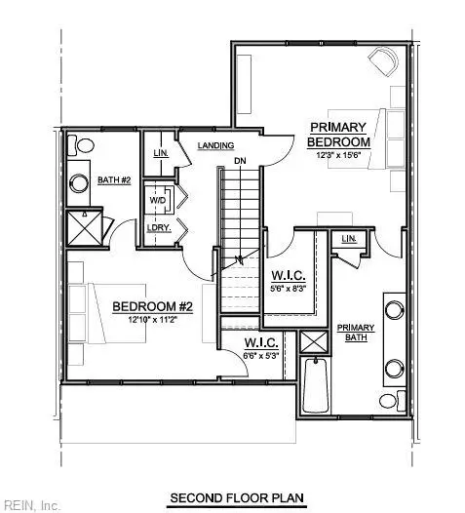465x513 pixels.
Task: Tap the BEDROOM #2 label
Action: click(152, 306)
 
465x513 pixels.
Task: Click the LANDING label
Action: click(214, 145)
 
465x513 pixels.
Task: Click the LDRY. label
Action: click(157, 227)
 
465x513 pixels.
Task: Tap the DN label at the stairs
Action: click(239, 160)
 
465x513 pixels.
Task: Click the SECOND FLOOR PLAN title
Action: click(236, 497)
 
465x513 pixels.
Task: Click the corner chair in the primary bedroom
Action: click(384, 62)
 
